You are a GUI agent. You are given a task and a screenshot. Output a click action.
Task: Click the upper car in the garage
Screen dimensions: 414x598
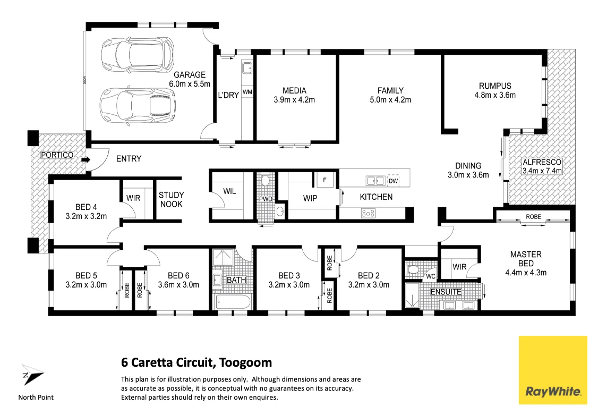point(138,53)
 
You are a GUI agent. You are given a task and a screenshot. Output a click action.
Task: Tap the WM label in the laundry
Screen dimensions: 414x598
point(247,92)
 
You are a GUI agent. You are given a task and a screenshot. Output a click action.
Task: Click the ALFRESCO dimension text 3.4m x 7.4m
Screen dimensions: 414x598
point(542,171)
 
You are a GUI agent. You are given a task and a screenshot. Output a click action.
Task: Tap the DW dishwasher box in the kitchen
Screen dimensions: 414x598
point(393,181)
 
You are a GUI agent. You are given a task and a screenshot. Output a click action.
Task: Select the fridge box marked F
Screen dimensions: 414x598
point(324,181)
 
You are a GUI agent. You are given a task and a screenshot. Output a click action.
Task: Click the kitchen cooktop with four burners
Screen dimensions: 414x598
point(368,213)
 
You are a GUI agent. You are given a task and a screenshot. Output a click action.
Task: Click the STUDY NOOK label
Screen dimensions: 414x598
point(170,200)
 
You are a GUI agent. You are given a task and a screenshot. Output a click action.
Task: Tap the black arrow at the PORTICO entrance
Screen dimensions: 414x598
point(85,159)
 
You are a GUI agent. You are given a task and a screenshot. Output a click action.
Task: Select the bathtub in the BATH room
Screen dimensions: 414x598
point(232,303)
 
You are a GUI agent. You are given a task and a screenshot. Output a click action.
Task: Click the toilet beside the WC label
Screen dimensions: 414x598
point(413,269)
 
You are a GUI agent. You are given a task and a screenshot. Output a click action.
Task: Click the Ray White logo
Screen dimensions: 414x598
point(553,370)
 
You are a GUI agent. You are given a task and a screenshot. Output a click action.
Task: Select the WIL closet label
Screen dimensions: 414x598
point(229,191)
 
